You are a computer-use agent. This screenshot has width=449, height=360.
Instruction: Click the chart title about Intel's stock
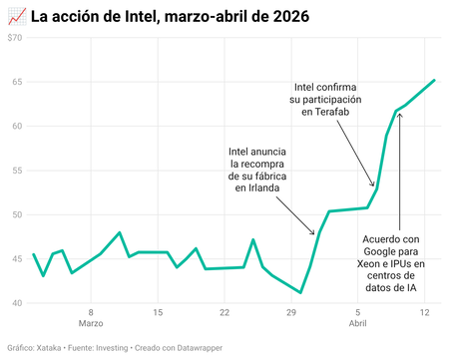click(x=170, y=17)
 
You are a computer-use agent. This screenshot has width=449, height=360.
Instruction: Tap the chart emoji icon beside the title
click(x=16, y=17)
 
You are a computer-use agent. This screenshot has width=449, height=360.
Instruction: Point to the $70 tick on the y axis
click(x=15, y=37)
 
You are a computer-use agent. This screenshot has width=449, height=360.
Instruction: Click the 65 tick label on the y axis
click(x=17, y=82)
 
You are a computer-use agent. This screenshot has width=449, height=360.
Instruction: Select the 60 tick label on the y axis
click(x=17, y=126)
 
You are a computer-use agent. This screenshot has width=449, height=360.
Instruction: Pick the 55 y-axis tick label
click(x=17, y=171)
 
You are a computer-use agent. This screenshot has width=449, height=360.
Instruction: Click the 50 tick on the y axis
click(x=17, y=214)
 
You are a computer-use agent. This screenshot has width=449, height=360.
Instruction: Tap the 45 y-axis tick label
click(x=17, y=259)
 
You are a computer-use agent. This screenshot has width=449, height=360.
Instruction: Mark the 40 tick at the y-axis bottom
click(x=17, y=303)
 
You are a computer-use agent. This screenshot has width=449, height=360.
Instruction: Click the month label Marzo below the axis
click(x=91, y=325)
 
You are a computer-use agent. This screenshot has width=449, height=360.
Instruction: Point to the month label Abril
click(x=358, y=325)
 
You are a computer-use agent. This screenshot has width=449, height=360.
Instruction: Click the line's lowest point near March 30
click(x=300, y=292)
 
